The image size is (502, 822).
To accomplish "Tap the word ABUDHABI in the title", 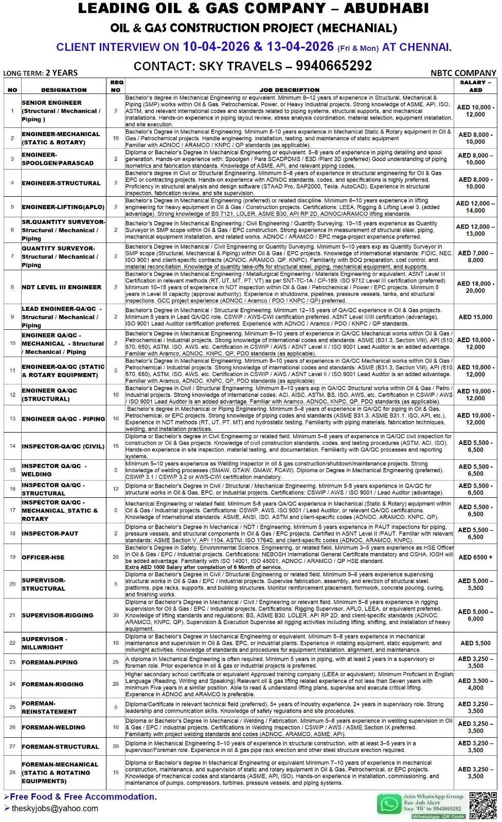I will [386, 9].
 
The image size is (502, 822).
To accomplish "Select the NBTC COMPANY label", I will [463, 73].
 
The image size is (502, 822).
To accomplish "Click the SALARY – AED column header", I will [475, 86].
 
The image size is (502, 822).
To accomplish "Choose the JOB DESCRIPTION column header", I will [289, 90].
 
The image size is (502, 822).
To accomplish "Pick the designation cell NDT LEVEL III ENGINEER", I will [61, 287].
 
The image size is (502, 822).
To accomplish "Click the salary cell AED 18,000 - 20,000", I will [475, 287].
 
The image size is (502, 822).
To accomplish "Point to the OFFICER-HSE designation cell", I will [43, 557].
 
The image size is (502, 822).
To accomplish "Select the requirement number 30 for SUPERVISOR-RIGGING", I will [116, 615].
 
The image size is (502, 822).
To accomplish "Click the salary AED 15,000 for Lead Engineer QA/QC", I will [475, 317].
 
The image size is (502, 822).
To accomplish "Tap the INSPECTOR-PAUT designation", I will [50, 534].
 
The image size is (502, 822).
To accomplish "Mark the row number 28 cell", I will [12, 772].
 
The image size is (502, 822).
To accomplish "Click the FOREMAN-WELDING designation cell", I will [53, 727].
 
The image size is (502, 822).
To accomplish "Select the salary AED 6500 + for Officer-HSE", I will [475, 557].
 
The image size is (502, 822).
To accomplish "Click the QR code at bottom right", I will [482, 806].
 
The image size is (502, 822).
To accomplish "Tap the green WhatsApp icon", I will [389, 805].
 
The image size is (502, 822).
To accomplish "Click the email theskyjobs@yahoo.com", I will [55, 808].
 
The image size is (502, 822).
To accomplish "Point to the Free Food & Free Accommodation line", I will [83, 797].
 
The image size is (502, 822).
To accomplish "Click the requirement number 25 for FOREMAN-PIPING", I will [116, 662].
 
